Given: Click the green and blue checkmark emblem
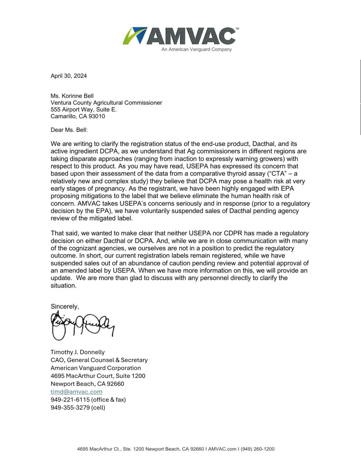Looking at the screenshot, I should [x=134, y=36].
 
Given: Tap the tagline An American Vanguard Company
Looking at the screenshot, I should [x=196, y=50].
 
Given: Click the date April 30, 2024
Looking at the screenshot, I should [x=68, y=76].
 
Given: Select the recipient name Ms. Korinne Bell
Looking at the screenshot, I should [x=72, y=96].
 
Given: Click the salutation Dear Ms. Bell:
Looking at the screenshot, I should [x=69, y=130].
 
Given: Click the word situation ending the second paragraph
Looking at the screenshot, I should [x=63, y=286].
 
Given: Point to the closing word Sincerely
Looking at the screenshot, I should [x=64, y=306].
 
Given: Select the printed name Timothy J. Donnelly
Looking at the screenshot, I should [x=78, y=352].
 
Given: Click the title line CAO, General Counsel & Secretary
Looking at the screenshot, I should [x=99, y=360].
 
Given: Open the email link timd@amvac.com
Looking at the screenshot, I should [x=76, y=392].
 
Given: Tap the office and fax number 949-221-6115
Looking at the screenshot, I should [x=70, y=400].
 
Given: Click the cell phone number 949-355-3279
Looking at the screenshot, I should [x=70, y=408].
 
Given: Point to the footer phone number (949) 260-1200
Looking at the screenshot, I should [x=257, y=449].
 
